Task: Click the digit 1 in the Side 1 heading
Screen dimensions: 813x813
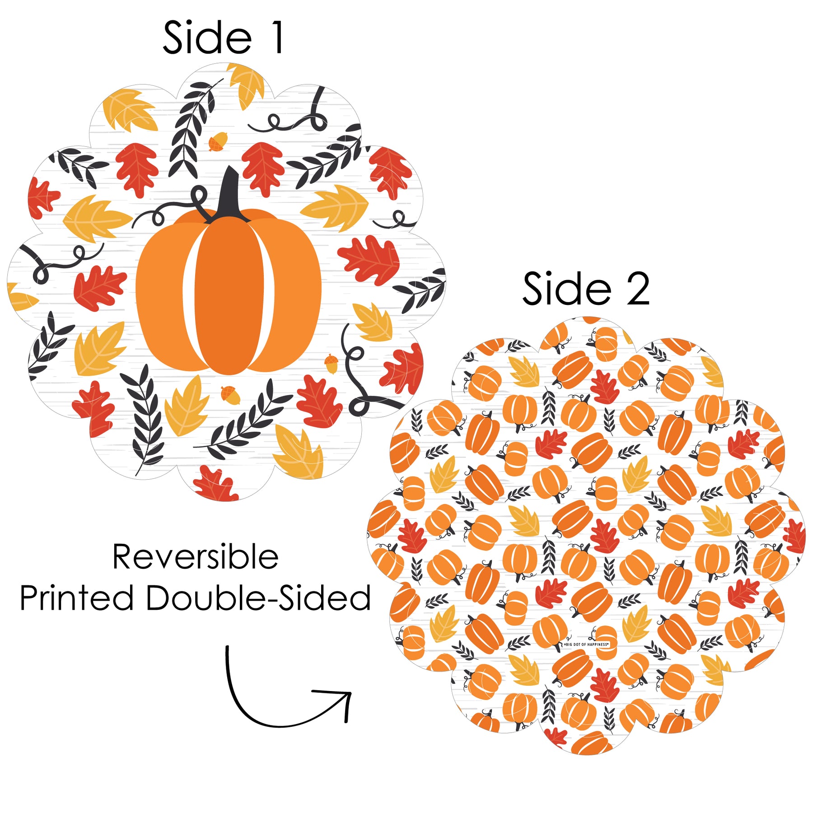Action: coord(277,38)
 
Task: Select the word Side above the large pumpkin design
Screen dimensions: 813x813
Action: coord(207,38)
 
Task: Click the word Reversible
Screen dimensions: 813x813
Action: coord(195,557)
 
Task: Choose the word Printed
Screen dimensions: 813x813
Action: coord(76,598)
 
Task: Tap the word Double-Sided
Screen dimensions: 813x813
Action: coord(258,598)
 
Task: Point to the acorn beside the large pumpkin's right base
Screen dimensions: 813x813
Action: coord(331,364)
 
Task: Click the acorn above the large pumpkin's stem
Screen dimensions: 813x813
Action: coord(218,141)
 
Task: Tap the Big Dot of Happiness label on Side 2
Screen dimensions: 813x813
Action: coord(586,645)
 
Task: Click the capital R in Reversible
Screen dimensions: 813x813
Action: coord(123,557)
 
